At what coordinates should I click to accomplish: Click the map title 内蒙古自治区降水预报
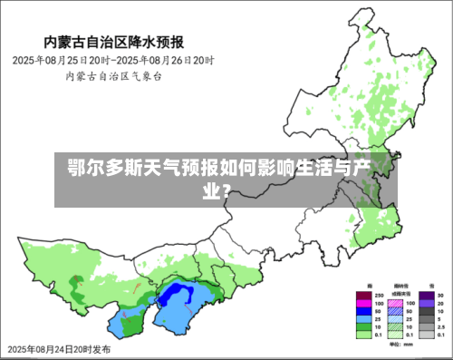point(114,42)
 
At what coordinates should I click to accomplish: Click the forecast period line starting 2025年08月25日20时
point(112,60)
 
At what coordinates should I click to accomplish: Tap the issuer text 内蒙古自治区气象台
point(112,76)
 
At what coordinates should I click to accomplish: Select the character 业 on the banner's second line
point(209,190)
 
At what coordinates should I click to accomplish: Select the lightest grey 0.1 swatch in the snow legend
point(425,333)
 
